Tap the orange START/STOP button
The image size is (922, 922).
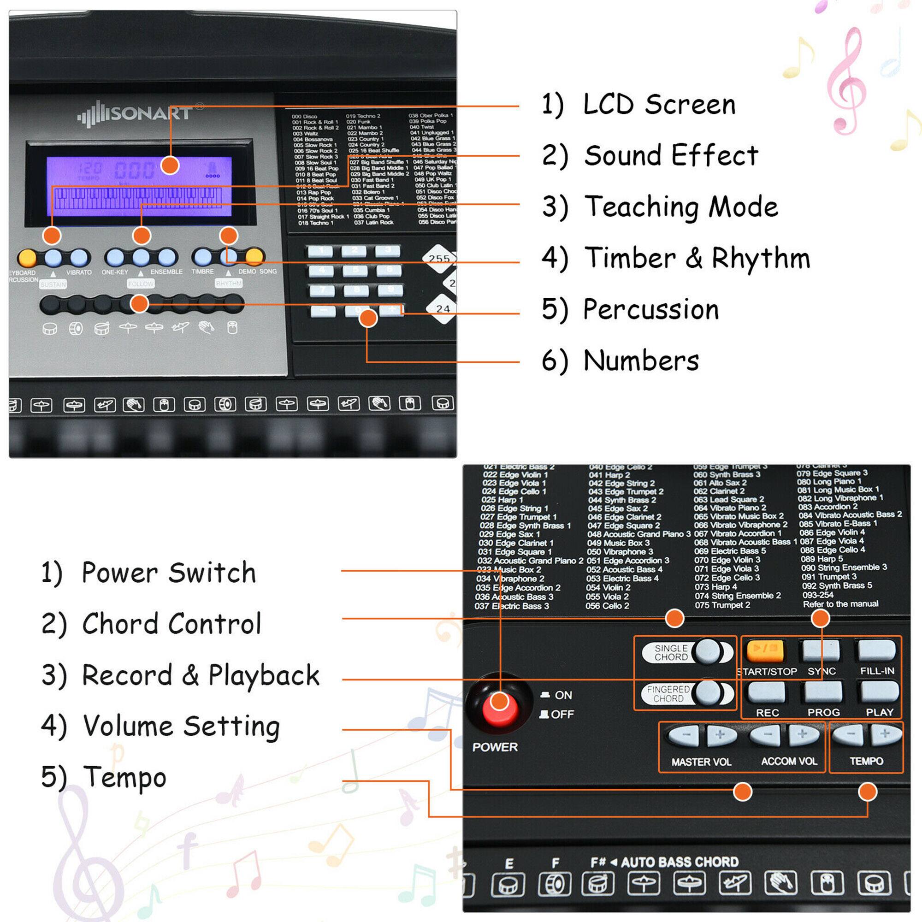(765, 650)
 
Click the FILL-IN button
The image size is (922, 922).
(876, 650)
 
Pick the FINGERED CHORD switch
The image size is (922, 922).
(687, 693)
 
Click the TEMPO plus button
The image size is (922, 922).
(885, 734)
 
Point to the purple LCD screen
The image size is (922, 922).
(138, 186)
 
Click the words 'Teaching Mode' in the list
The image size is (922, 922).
(681, 207)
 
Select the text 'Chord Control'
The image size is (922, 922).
(172, 624)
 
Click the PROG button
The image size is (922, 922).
(823, 692)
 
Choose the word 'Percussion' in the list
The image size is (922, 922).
(651, 309)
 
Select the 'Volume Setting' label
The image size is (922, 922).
(181, 726)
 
